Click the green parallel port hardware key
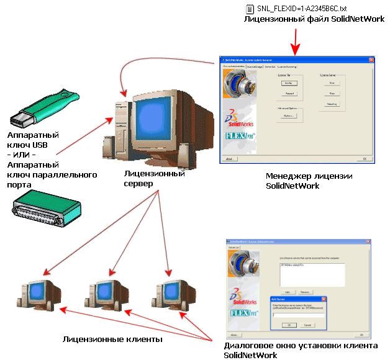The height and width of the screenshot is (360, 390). pyautogui.click(x=47, y=209)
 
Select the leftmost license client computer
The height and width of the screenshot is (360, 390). pyautogui.click(x=38, y=291)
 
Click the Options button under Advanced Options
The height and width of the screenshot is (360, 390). pyautogui.click(x=288, y=116)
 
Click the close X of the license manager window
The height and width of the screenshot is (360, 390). pyautogui.click(x=371, y=60)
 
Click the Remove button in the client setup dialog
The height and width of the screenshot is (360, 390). pyautogui.click(x=305, y=291)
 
